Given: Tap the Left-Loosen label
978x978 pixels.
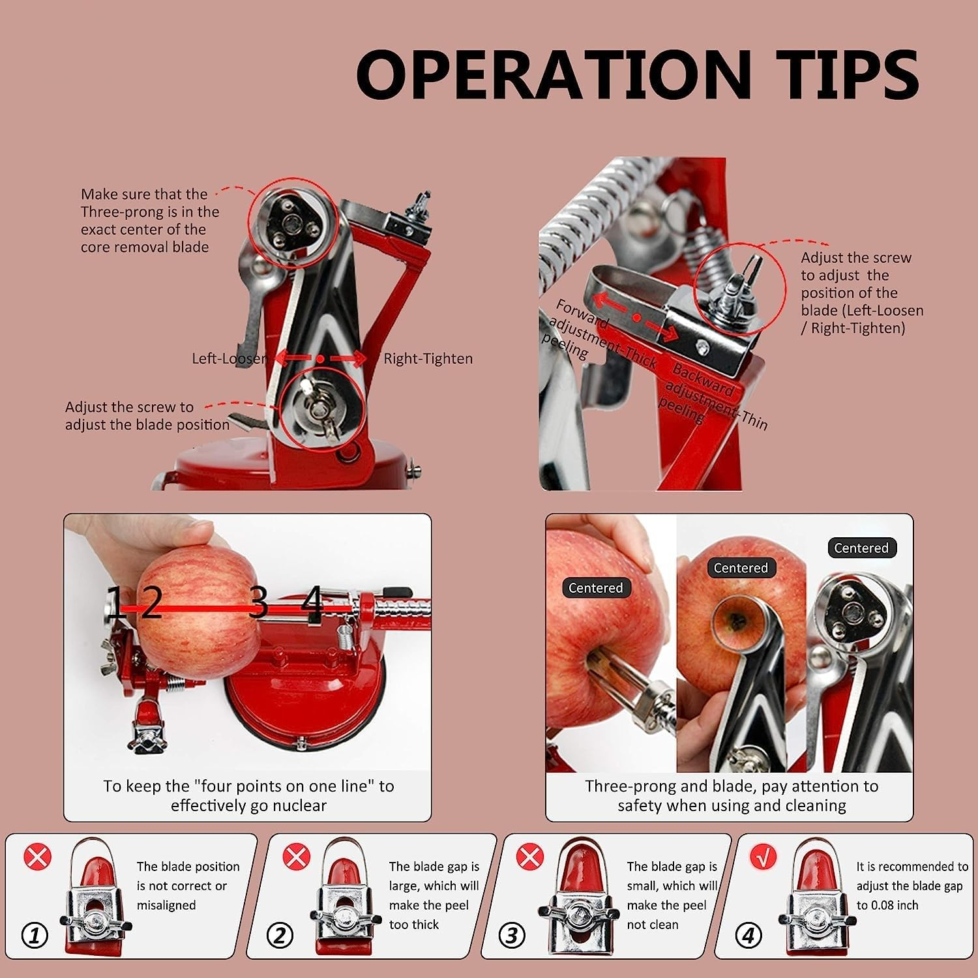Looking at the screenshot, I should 230,359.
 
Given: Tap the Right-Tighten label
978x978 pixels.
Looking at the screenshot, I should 428,359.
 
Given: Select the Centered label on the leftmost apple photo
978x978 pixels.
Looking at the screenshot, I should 595,588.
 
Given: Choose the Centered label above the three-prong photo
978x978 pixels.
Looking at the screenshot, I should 861,548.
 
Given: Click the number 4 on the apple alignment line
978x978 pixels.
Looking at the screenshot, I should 312,600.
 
